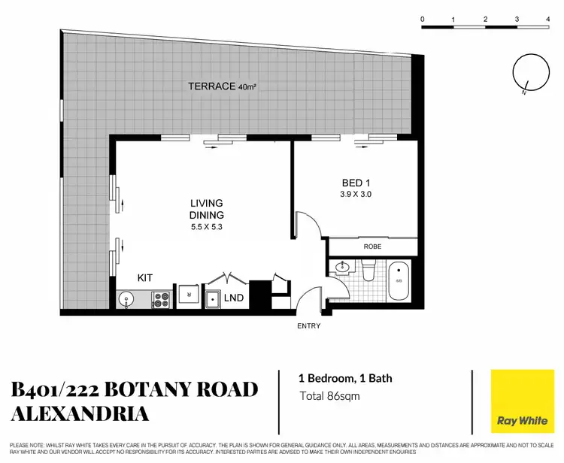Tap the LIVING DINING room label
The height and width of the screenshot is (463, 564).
click(207, 208)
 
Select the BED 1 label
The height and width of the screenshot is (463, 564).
click(356, 183)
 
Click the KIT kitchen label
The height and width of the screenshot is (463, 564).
click(145, 277)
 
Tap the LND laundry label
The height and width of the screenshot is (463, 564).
click(234, 298)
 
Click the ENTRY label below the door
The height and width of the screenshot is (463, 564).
click(309, 325)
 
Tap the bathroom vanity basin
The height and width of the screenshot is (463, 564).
click(343, 267)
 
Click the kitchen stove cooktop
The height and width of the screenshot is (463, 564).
click(162, 299)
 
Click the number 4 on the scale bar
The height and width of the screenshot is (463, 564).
click(548, 18)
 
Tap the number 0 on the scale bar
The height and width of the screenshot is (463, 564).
click(423, 18)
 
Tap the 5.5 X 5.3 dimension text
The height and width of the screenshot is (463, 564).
click(207, 226)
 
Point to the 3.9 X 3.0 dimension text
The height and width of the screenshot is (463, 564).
click(356, 194)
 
